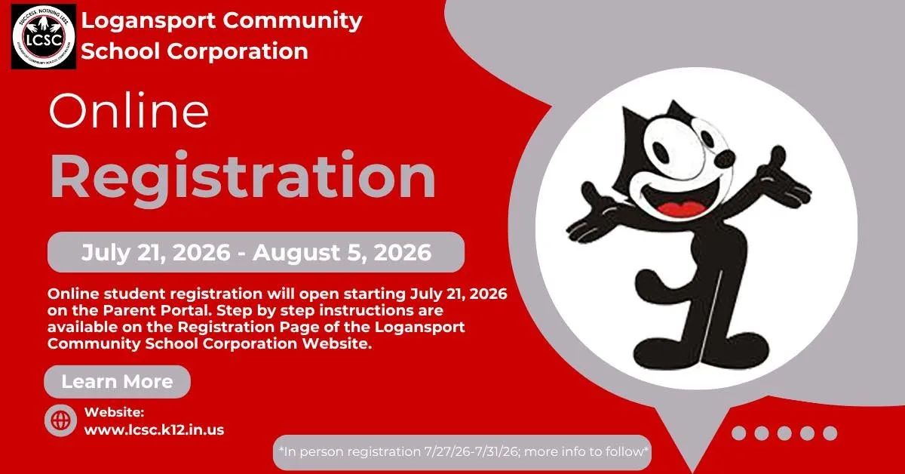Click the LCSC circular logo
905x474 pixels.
(x=44, y=37)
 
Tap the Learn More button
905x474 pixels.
(x=117, y=381)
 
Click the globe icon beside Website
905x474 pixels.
(x=60, y=420)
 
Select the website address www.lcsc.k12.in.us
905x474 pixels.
(x=154, y=429)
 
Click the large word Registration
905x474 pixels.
(x=242, y=178)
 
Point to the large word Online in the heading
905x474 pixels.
(x=129, y=110)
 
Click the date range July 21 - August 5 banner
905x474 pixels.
(x=256, y=252)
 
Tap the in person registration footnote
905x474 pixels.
(x=462, y=452)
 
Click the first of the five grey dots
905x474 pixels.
(x=738, y=433)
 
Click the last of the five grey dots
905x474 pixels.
(x=830, y=433)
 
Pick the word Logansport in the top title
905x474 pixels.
(x=149, y=21)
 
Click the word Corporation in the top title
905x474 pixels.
(x=238, y=51)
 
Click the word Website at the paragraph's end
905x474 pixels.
(x=337, y=343)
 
